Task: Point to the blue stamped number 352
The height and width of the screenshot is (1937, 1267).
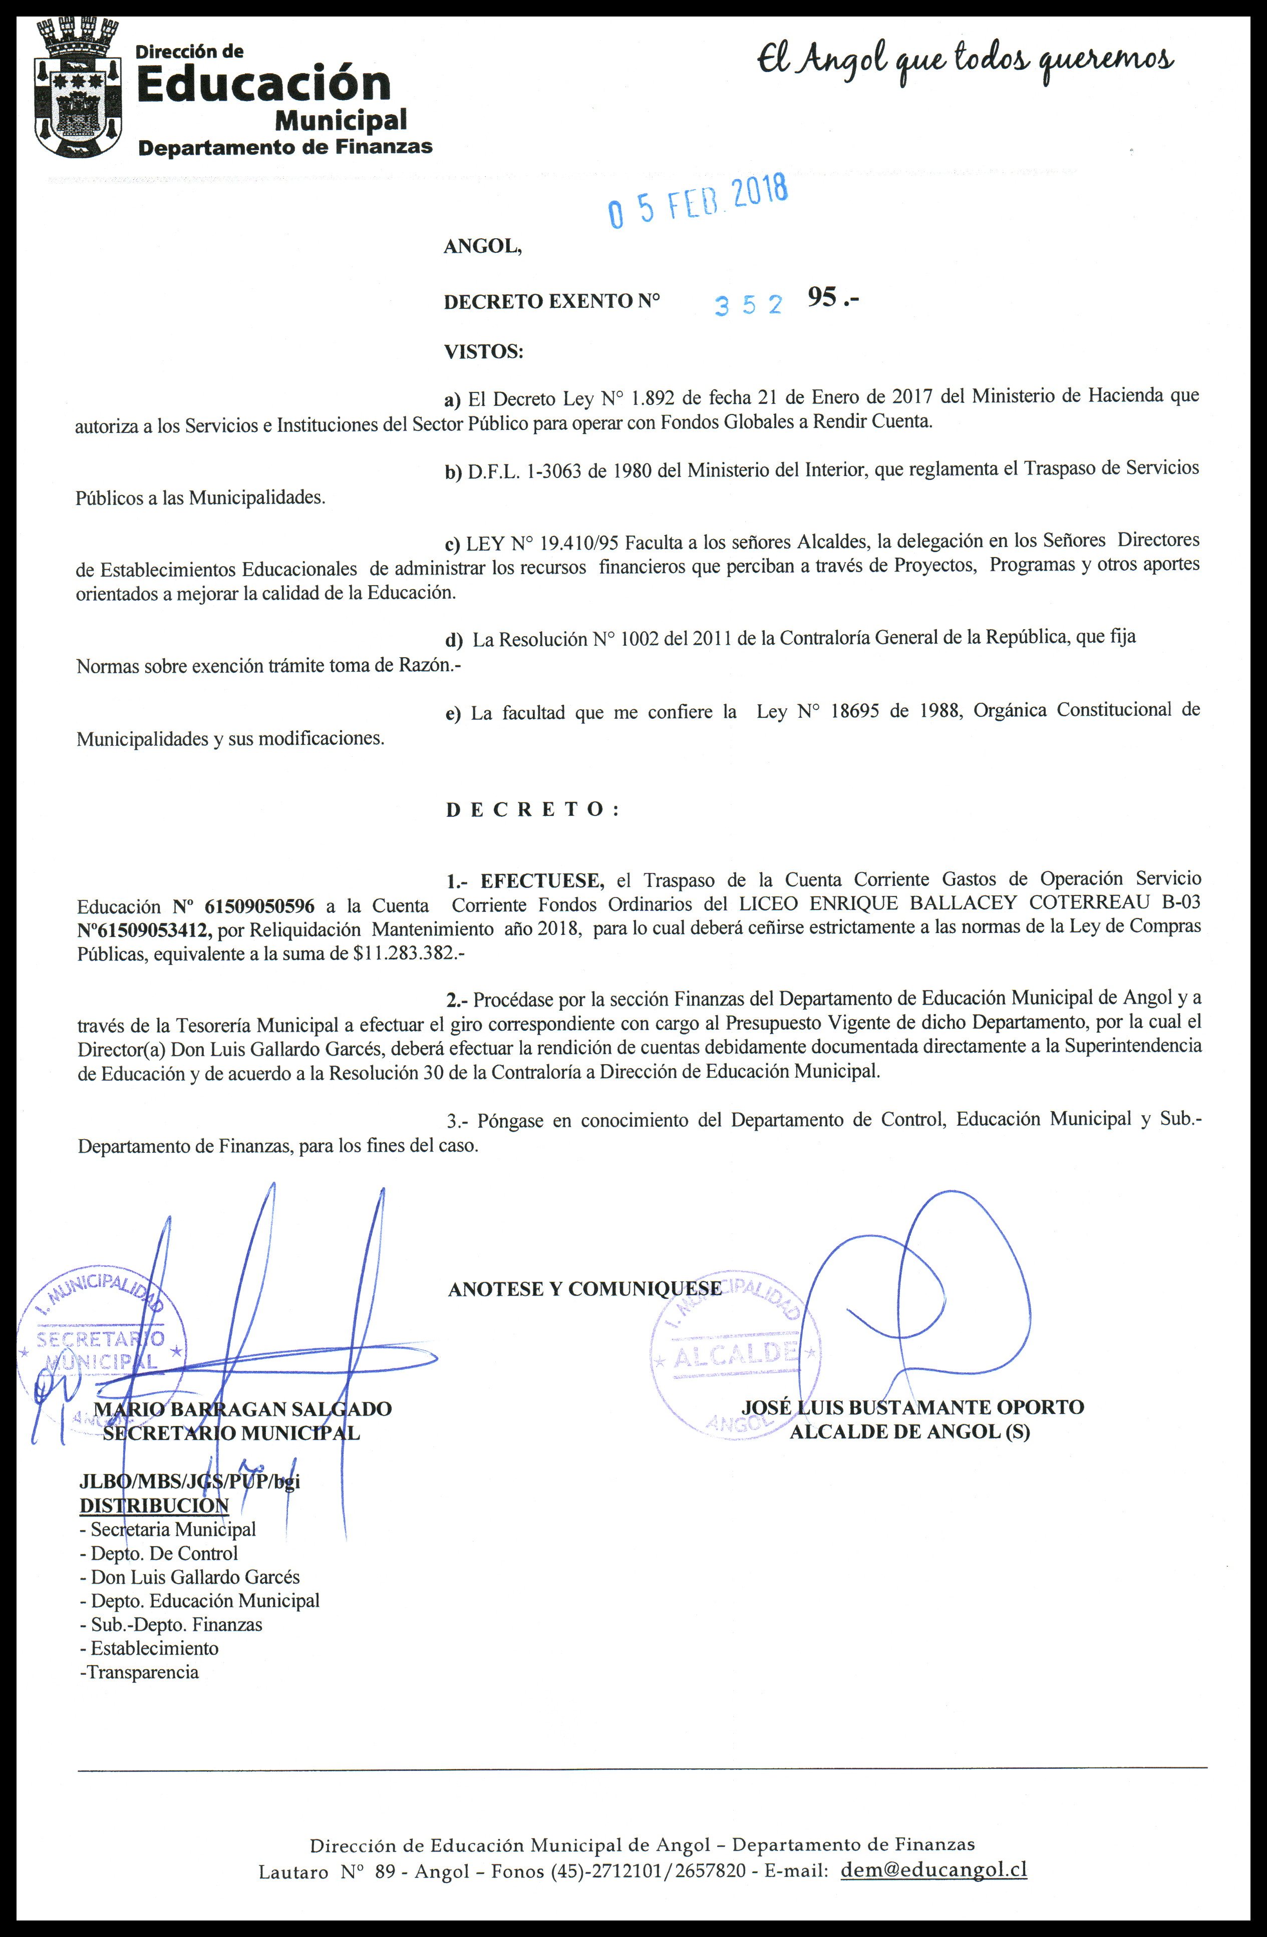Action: coord(748,304)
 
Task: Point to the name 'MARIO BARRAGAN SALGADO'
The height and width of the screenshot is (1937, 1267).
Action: coord(243,1409)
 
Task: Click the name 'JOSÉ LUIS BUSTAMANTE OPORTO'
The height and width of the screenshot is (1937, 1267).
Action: coord(912,1407)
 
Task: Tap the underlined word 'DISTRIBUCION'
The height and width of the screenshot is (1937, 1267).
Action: coord(154,1505)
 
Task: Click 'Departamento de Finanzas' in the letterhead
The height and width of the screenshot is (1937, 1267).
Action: coord(285,147)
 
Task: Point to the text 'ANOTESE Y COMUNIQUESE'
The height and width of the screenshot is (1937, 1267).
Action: coord(584,1288)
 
